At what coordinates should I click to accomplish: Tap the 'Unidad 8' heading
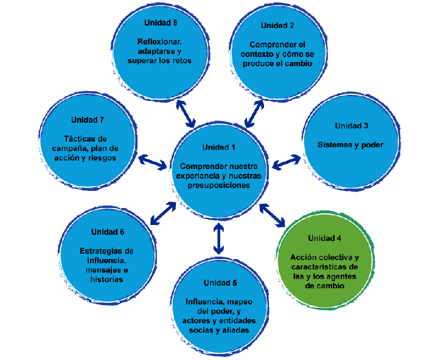160,22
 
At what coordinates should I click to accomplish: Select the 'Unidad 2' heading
277,26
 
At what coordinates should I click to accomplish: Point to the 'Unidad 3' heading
351,126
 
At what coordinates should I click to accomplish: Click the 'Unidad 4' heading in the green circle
324,237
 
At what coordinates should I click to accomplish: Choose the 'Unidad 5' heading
220,283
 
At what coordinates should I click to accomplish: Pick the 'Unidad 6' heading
108,232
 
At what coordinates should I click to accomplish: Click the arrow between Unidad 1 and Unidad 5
219,238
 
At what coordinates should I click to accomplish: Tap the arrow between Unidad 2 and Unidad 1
254,112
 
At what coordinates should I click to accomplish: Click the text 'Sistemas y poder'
350,145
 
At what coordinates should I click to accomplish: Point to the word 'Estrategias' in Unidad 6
106,251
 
